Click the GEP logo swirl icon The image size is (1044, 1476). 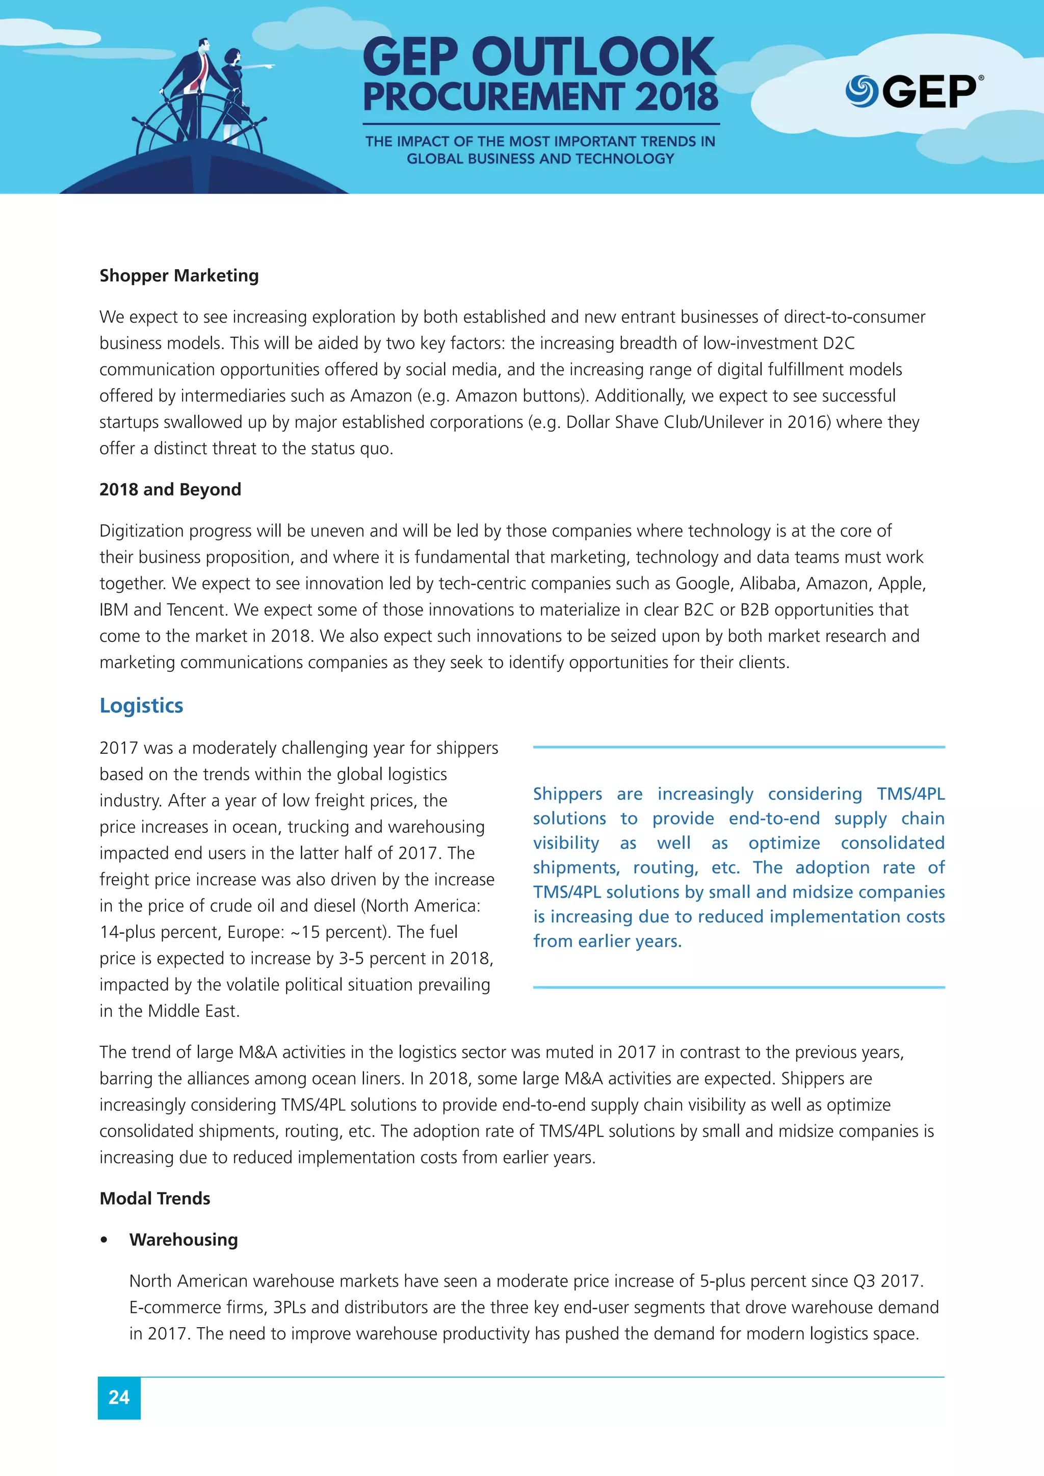coord(862,91)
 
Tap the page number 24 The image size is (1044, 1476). coord(119,1397)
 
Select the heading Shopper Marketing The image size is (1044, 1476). coord(179,276)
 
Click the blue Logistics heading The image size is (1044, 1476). coord(141,705)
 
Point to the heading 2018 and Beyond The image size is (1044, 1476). coord(170,490)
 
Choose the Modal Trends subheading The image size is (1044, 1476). coord(155,1198)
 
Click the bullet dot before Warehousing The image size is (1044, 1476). coord(104,1240)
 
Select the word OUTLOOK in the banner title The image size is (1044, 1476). coord(593,58)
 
